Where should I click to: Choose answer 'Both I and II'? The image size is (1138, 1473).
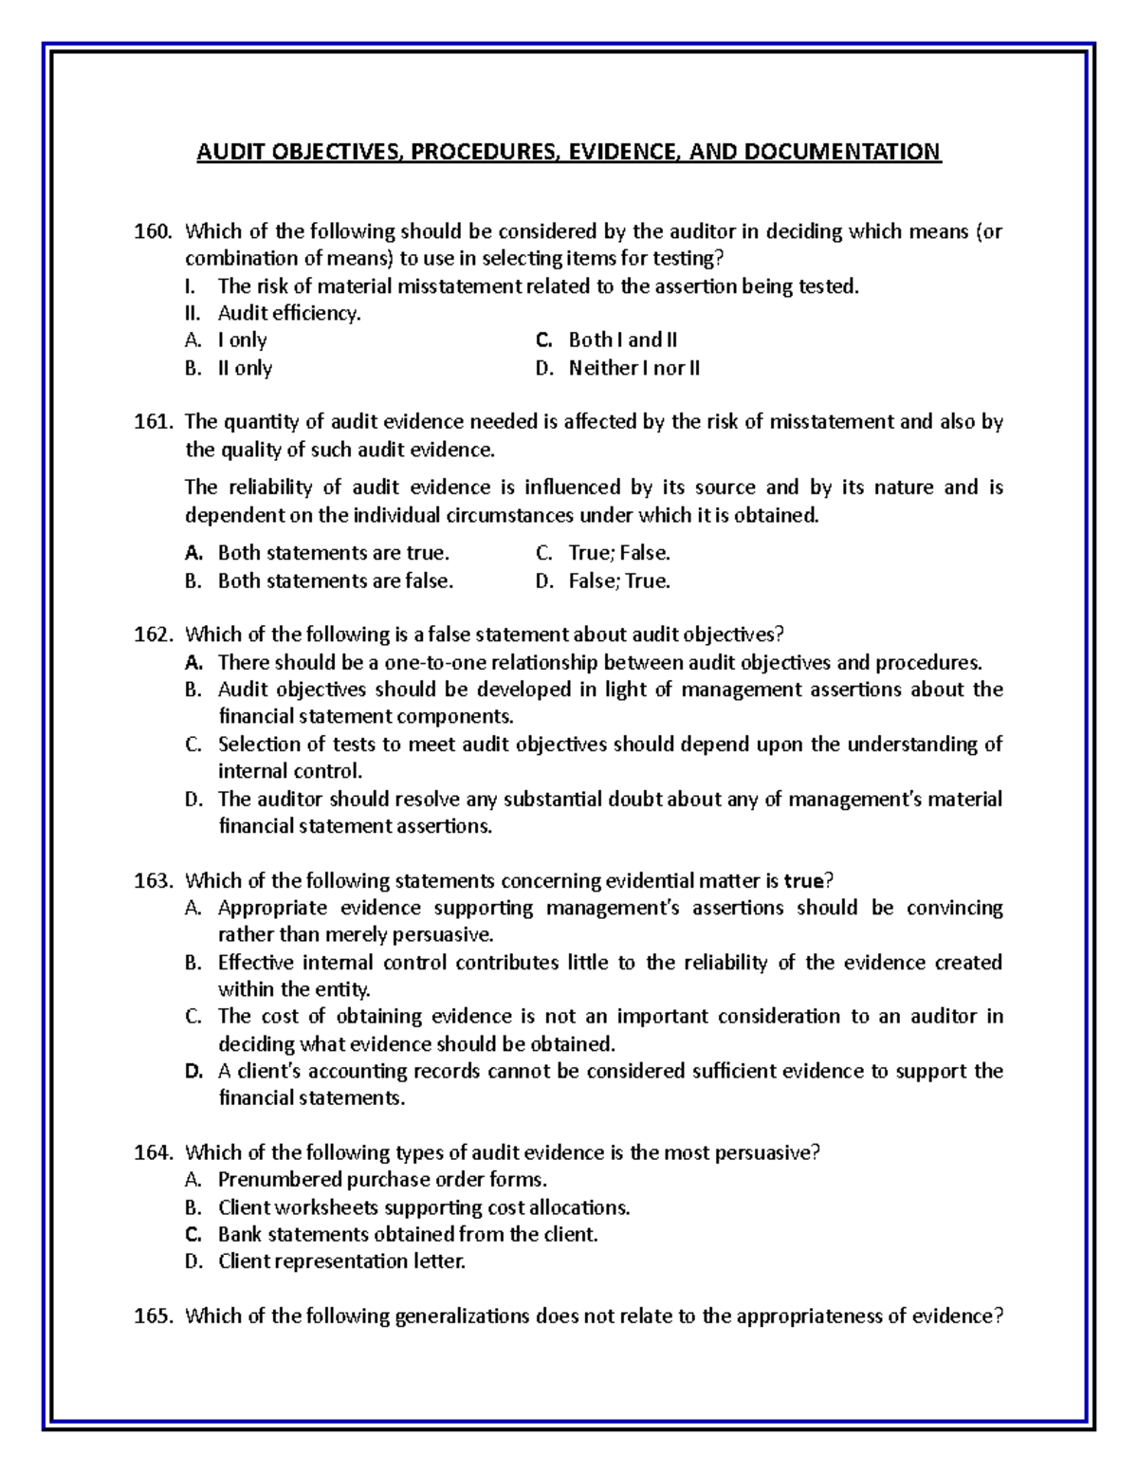(622, 341)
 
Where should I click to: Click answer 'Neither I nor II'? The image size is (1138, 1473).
(633, 368)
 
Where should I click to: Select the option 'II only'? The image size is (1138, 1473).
(245, 368)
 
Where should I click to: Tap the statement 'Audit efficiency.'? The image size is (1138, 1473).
(289, 313)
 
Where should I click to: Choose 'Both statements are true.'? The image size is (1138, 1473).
(334, 553)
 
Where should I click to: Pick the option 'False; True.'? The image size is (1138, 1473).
(618, 581)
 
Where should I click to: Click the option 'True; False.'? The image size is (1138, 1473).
(618, 553)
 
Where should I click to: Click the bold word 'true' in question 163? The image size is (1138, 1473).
(803, 881)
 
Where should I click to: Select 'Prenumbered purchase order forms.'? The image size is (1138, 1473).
(382, 1180)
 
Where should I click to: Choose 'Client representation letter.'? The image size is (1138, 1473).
(341, 1261)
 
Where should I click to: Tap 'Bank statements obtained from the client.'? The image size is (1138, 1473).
(408, 1235)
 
